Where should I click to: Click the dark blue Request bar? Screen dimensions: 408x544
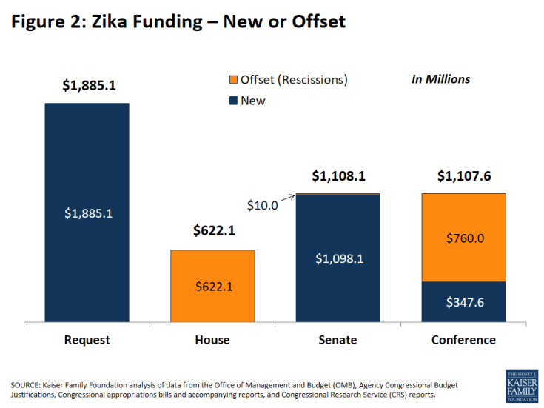click(87, 163)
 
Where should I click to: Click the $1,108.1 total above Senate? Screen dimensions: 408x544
click(338, 176)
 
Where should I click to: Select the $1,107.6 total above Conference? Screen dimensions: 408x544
click(464, 176)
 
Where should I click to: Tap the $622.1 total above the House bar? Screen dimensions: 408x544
click(212, 231)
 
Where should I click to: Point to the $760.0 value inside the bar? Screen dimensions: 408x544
click(463, 238)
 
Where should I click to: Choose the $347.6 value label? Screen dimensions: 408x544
click(463, 303)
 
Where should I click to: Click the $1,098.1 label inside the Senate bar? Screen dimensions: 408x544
click(338, 258)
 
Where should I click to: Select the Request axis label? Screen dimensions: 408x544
click(87, 340)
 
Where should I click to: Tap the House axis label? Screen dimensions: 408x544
click(212, 340)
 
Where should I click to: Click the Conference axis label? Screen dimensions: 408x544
click(463, 340)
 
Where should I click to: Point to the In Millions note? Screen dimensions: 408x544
click(440, 79)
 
